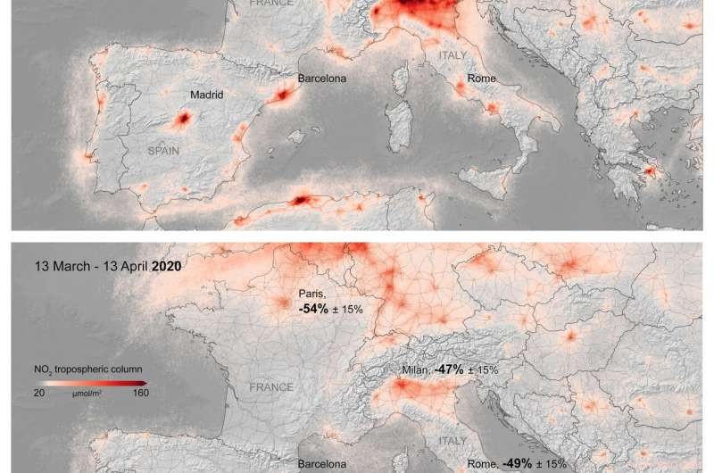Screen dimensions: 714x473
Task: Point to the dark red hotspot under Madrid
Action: (184, 118)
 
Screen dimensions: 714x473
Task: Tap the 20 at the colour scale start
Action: (40, 391)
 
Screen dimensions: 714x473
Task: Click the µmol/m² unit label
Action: (89, 392)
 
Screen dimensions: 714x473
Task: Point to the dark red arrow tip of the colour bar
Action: (145, 381)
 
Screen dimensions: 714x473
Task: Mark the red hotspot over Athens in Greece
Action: (650, 170)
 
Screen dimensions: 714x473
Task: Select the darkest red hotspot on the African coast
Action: (301, 200)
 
